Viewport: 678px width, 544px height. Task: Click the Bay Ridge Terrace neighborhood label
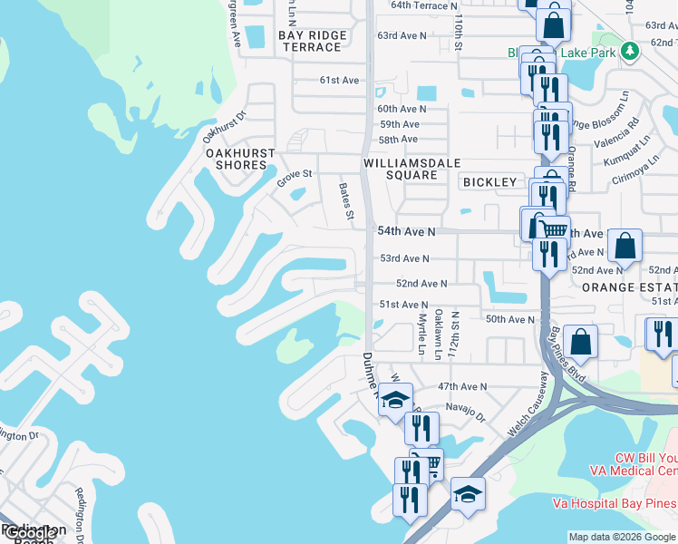(314, 41)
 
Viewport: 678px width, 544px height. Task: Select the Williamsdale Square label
(412, 169)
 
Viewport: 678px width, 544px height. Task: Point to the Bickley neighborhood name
(489, 182)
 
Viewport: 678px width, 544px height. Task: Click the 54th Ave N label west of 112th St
(406, 232)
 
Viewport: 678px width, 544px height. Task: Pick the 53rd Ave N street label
(403, 258)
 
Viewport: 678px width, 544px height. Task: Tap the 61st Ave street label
(340, 81)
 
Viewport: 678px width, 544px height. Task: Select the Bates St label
(345, 202)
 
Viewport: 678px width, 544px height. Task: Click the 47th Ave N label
(462, 387)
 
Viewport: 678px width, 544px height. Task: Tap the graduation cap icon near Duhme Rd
(395, 400)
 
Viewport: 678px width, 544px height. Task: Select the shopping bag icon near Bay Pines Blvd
(580, 342)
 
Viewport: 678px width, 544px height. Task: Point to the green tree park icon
(629, 52)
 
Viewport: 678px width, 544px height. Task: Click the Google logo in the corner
(29, 533)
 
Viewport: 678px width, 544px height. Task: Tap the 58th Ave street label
(398, 140)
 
